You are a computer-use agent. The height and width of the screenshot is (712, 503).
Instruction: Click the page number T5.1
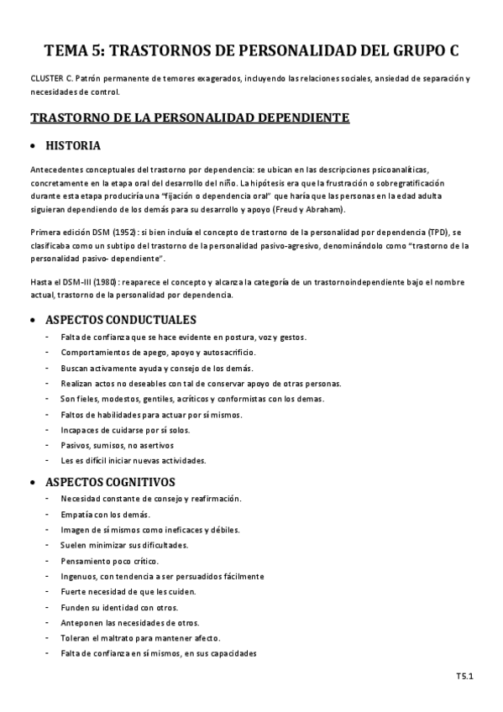465,674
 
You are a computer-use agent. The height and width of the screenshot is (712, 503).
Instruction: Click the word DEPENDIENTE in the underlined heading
297,118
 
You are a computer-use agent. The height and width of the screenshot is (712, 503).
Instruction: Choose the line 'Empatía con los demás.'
106,514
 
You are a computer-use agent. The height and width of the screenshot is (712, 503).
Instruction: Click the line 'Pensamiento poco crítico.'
109,560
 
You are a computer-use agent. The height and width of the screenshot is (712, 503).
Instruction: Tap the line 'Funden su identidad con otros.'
119,607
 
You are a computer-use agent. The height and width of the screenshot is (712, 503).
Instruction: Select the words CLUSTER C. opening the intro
53,78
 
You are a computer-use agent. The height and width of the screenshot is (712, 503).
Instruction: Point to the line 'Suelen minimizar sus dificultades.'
124,545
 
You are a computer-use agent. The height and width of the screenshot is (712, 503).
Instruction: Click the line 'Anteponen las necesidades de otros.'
129,622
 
